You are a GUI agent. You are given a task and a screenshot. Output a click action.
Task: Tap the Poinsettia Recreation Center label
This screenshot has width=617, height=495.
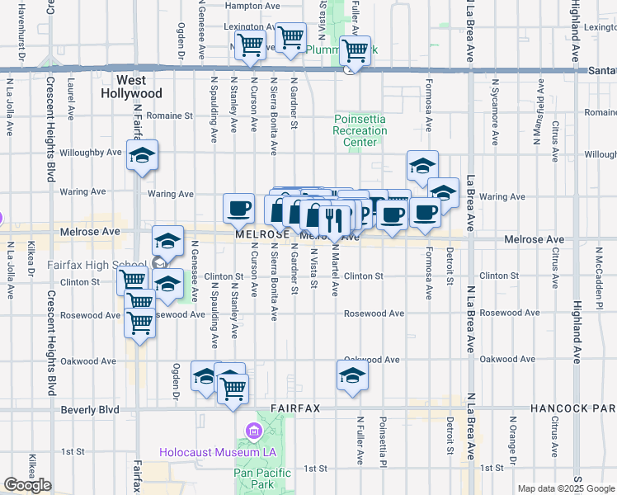click(x=360, y=130)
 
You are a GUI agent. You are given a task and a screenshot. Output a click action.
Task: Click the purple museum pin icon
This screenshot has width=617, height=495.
click(x=252, y=431)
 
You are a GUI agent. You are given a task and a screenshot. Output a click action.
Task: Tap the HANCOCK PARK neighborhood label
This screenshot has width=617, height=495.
click(x=572, y=408)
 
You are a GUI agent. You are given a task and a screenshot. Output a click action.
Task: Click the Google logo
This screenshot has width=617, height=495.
click(x=27, y=485)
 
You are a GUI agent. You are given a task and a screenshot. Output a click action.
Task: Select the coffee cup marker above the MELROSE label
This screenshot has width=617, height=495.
click(x=239, y=208)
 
